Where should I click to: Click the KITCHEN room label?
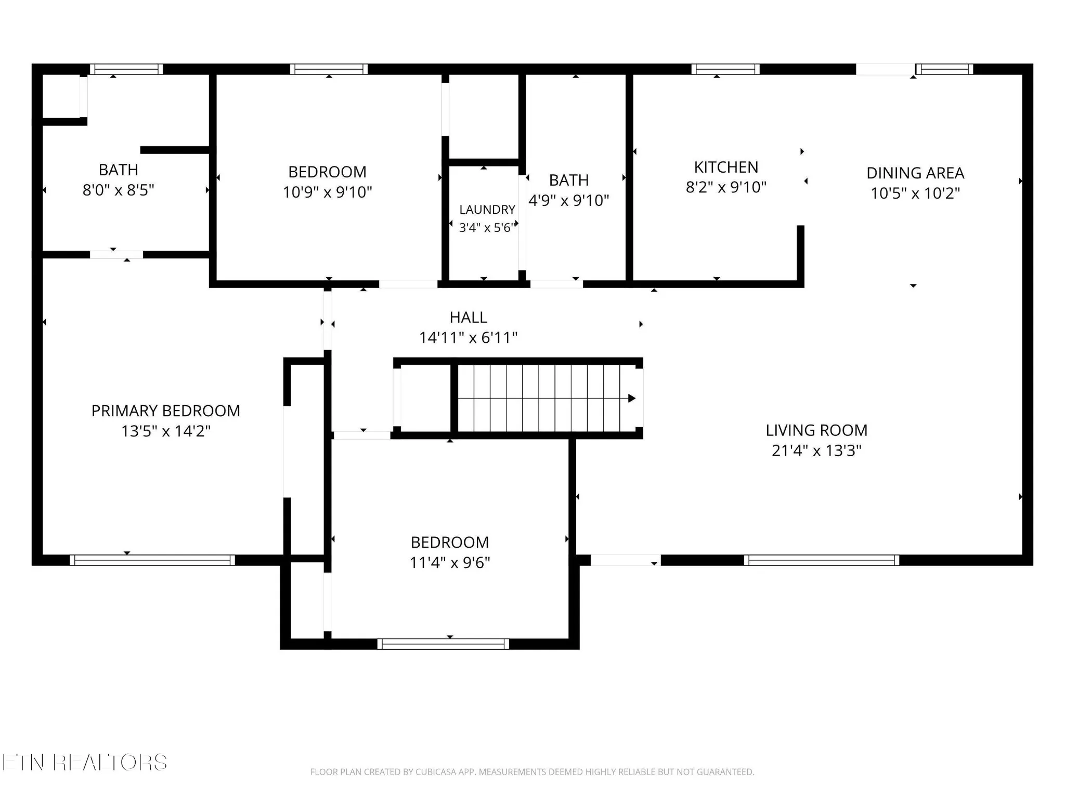(726, 167)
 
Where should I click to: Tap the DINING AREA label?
(915, 173)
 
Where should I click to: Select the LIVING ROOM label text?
(816, 430)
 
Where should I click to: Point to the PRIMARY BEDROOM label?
(166, 411)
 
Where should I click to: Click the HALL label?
(469, 317)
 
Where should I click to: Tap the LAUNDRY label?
(487, 210)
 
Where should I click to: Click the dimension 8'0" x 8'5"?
(119, 190)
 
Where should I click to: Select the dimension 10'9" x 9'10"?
(328, 192)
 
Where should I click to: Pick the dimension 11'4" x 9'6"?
(450, 562)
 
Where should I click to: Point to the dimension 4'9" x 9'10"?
(569, 200)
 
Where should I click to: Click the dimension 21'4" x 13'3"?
(816, 450)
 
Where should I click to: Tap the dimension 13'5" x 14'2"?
(166, 431)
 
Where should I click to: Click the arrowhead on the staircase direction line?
(632, 398)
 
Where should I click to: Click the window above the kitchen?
(725, 69)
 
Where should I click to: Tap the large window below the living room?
(822, 560)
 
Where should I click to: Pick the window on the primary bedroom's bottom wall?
(152, 560)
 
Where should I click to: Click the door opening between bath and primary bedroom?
(116, 254)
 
